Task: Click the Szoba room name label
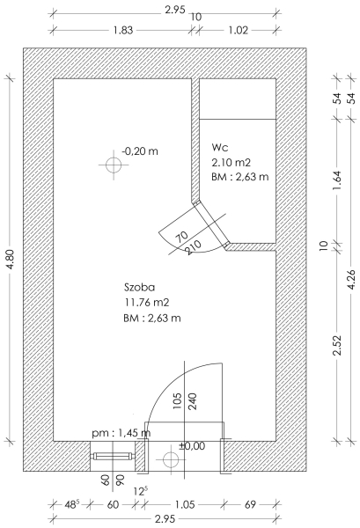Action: [x=139, y=287]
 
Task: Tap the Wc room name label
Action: [x=219, y=147]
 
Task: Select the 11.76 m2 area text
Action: [x=146, y=303]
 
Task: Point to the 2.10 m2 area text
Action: [x=231, y=163]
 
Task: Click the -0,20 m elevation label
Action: [x=140, y=151]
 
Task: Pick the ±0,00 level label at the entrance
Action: [x=192, y=446]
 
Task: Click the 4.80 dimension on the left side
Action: [x=10, y=259]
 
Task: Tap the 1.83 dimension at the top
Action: [x=123, y=30]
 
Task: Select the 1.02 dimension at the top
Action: [x=238, y=30]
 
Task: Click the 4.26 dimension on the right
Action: [x=351, y=279]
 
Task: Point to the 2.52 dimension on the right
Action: [x=337, y=345]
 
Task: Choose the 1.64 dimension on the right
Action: [x=337, y=180]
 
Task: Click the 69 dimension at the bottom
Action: [x=250, y=504]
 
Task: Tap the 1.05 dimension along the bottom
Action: [x=185, y=504]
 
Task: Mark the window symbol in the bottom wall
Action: [x=114, y=456]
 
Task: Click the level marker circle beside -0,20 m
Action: [x=114, y=165]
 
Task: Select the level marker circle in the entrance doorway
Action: [x=171, y=459]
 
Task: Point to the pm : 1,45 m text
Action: [x=121, y=433]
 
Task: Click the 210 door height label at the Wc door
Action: [x=194, y=247]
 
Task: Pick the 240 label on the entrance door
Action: [x=193, y=401]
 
